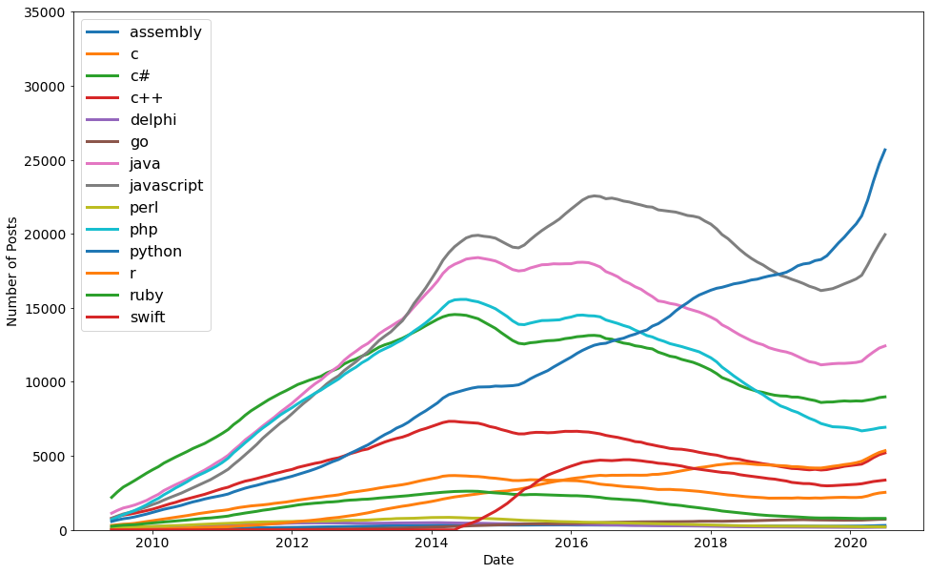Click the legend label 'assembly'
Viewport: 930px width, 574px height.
pyautogui.click(x=165, y=32)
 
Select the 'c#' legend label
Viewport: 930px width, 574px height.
pyautogui.click(x=140, y=76)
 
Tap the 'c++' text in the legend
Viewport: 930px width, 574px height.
pyautogui.click(x=146, y=98)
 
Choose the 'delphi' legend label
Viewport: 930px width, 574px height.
pyautogui.click(x=152, y=120)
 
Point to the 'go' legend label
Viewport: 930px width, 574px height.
pyautogui.click(x=139, y=142)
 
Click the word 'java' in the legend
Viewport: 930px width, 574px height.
pyautogui.click(x=145, y=164)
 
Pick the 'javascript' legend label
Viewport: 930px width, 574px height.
pyautogui.click(x=166, y=186)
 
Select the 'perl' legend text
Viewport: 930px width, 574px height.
pyautogui.click(x=144, y=208)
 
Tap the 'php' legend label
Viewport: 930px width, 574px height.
pyautogui.click(x=143, y=230)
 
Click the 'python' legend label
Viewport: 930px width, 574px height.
pyautogui.click(x=155, y=252)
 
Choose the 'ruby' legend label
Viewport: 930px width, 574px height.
pyautogui.click(x=146, y=296)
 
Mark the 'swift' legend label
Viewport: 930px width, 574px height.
pyautogui.click(x=147, y=318)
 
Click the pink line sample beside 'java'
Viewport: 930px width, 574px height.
pyautogui.click(x=102, y=164)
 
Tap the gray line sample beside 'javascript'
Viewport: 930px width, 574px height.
pyautogui.click(x=102, y=186)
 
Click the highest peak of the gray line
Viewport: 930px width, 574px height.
pyautogui.click(x=595, y=195)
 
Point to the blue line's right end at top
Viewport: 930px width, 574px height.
pyautogui.click(x=885, y=150)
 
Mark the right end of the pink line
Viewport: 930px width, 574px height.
pyautogui.click(x=885, y=346)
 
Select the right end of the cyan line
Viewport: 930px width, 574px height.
pyautogui.click(x=885, y=427)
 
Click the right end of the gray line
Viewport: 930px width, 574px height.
pyautogui.click(x=885, y=235)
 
